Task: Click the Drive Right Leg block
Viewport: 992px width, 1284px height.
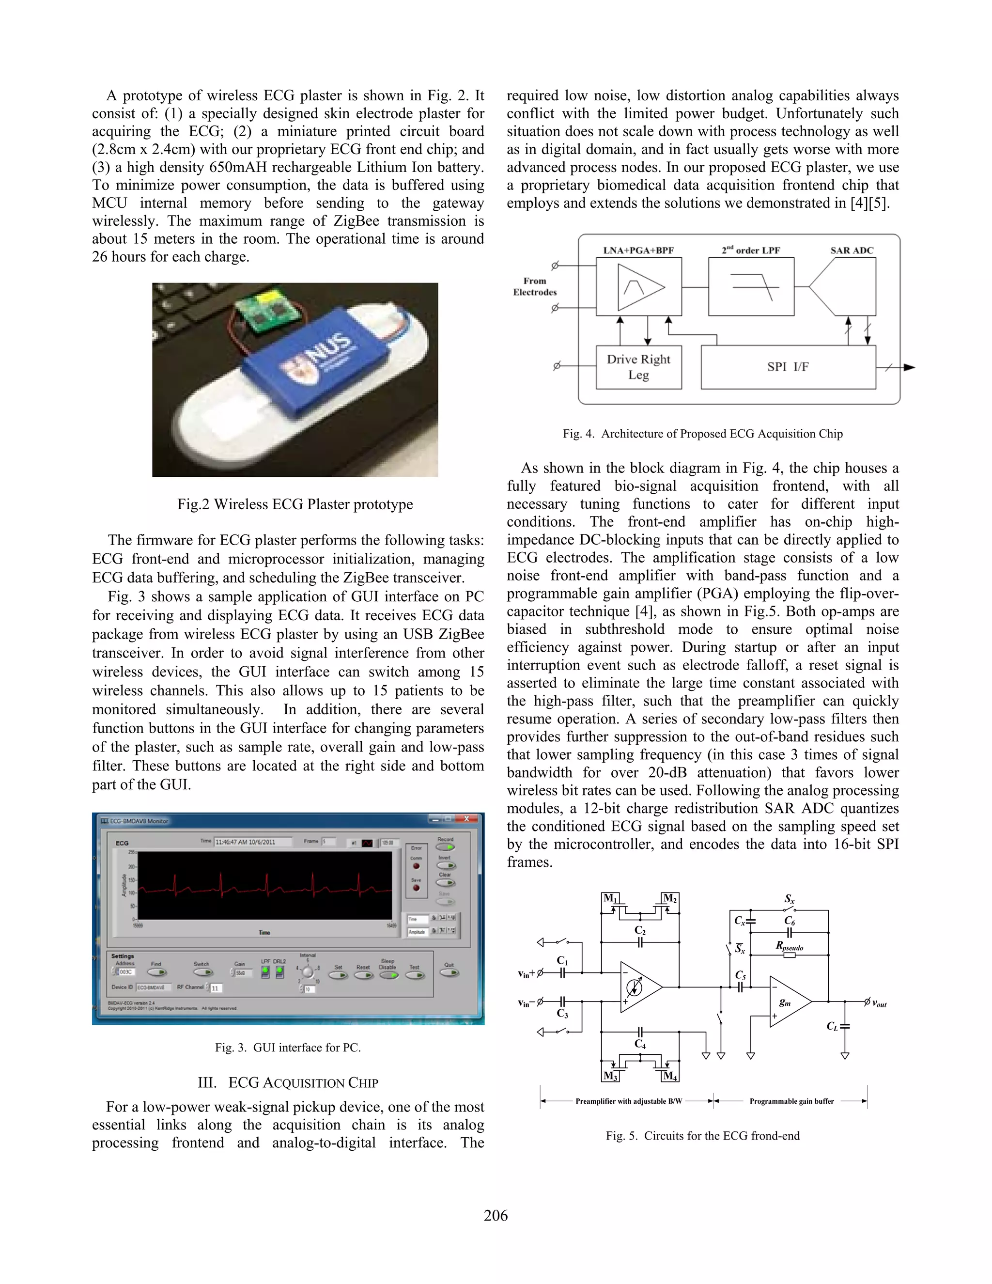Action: click(638, 367)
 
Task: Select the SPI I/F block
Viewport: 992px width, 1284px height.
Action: click(788, 367)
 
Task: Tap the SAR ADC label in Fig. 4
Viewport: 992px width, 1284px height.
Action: click(852, 251)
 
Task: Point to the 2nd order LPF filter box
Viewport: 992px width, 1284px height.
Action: click(751, 287)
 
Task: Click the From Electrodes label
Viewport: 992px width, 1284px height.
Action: click(534, 286)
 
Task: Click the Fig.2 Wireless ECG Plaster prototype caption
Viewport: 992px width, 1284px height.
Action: click(295, 504)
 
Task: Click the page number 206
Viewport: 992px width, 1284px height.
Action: click(496, 1215)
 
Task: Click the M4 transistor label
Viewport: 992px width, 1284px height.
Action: click(669, 1076)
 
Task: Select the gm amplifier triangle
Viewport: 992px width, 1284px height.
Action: click(788, 1001)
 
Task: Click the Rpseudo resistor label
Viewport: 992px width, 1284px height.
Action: click(789, 946)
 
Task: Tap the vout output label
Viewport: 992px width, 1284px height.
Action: click(879, 1003)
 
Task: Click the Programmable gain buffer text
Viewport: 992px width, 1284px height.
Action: click(791, 1101)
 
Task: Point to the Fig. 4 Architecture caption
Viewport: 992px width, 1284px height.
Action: click(702, 434)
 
